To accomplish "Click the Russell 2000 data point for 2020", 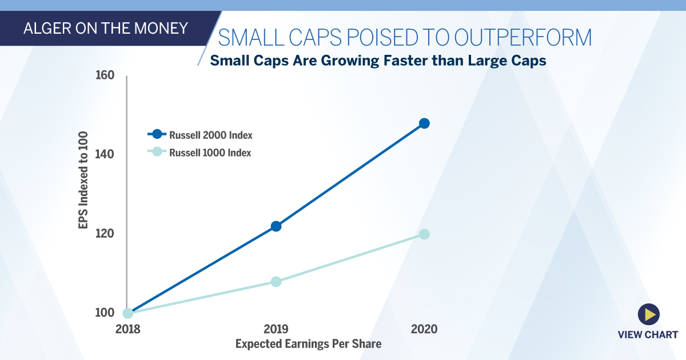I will [424, 123].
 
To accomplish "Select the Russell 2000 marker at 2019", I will [276, 226].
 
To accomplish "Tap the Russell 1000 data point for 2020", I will [424, 234].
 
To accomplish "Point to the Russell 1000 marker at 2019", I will [276, 282].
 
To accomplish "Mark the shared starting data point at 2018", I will [128, 313].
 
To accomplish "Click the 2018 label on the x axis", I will [127, 330].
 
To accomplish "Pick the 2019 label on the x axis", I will [276, 330].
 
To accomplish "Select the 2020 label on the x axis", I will [424, 330].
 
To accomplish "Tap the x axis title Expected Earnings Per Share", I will [308, 344].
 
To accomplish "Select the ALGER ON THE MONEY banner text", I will [105, 28].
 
